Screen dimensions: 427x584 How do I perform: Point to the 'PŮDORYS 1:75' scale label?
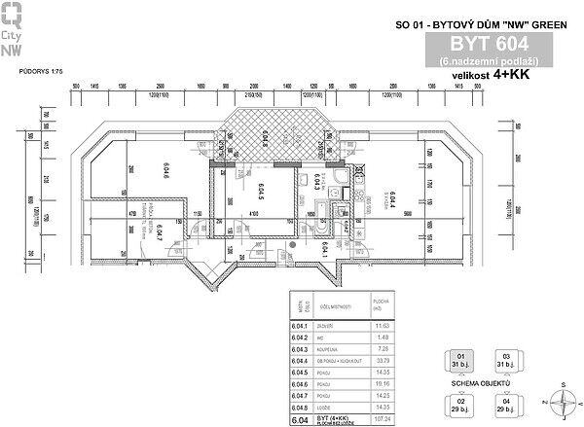(x=40, y=73)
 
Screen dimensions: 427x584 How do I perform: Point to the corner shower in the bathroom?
(x=337, y=181)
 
